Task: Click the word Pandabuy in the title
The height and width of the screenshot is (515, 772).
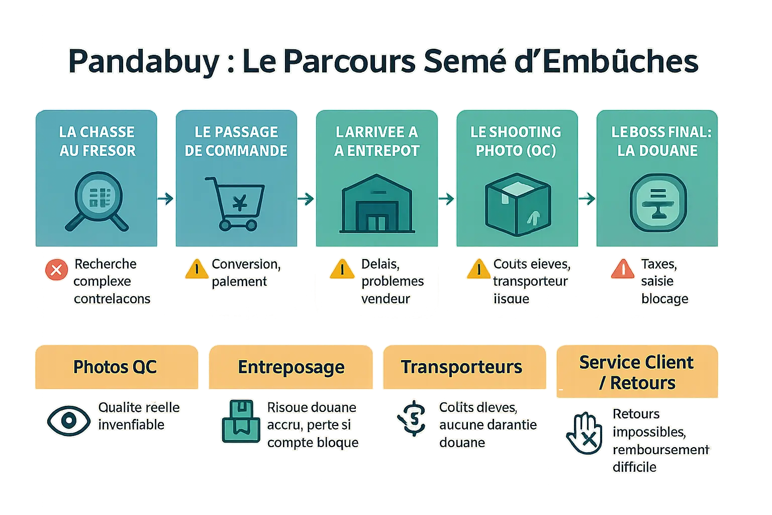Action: (x=143, y=61)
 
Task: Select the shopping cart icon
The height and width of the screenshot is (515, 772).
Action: (x=235, y=203)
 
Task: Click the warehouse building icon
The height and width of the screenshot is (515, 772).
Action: (x=377, y=204)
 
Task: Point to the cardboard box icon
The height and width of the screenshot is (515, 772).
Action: (x=518, y=204)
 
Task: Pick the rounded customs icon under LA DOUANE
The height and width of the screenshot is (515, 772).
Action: (x=658, y=203)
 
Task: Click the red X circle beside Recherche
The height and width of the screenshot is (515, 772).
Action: (x=56, y=270)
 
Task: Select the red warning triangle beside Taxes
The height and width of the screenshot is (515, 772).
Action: (x=623, y=269)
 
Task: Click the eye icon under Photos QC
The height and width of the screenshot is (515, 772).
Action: (x=68, y=421)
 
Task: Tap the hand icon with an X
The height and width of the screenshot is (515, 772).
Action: (x=585, y=434)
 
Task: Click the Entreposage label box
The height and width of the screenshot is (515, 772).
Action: (x=291, y=367)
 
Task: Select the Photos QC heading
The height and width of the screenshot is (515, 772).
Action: (x=115, y=367)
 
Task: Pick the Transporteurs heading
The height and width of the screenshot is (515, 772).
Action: (x=461, y=367)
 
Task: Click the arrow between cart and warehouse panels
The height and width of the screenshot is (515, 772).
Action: (x=306, y=199)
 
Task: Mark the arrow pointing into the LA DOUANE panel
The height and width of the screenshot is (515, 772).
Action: (x=587, y=199)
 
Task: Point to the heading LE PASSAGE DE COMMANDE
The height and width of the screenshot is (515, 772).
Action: (x=236, y=141)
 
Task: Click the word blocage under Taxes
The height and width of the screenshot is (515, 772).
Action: (x=664, y=299)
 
